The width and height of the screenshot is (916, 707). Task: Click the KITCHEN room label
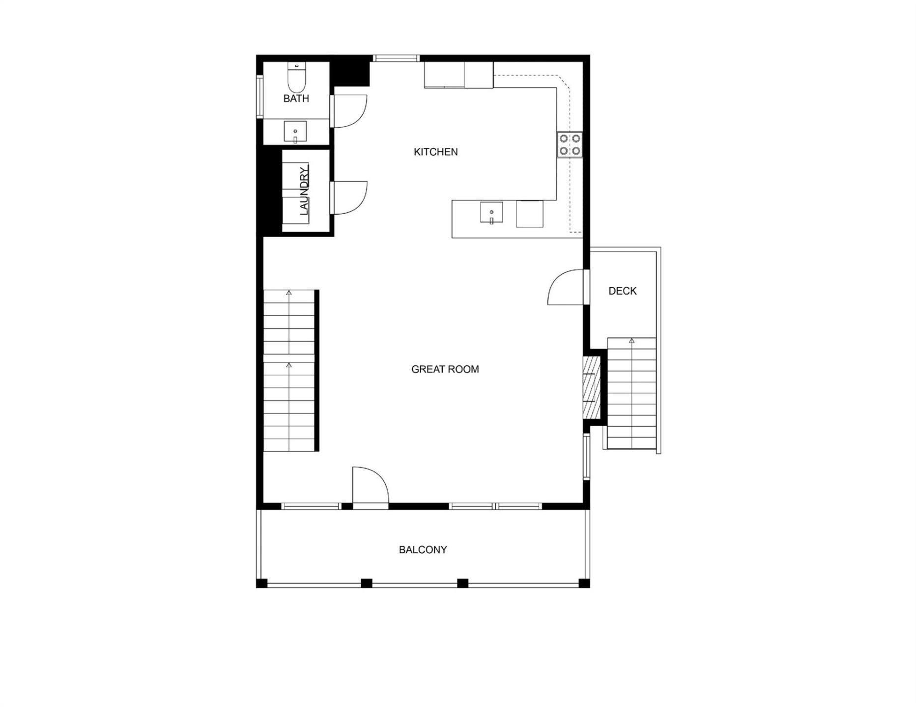click(x=435, y=152)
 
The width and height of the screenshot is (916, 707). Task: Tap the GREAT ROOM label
click(x=445, y=369)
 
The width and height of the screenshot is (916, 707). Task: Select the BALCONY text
click(x=423, y=550)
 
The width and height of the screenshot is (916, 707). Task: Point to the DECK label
click(x=622, y=291)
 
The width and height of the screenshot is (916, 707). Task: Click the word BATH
click(x=296, y=99)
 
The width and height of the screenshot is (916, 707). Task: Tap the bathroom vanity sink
click(x=295, y=132)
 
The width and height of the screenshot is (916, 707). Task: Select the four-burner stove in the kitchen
click(x=570, y=145)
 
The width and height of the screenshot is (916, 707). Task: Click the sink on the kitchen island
click(x=491, y=213)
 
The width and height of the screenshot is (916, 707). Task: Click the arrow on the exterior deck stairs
click(x=631, y=341)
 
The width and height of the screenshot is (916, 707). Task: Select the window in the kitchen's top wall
click(x=396, y=58)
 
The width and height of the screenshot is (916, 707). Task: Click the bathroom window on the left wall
click(x=259, y=96)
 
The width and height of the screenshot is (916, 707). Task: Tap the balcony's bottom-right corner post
click(x=584, y=583)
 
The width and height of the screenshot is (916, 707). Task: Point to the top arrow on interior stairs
click(x=289, y=293)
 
